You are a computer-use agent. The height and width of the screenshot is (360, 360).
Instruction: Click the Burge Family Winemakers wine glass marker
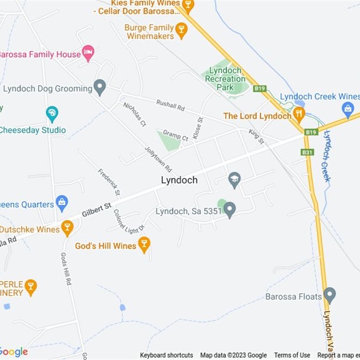click(x=181, y=30)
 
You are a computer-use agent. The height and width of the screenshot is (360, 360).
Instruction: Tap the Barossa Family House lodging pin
click(x=88, y=52)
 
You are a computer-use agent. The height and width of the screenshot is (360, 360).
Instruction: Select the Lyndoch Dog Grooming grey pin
click(x=99, y=86)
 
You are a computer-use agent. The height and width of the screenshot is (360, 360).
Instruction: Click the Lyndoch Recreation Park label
click(x=225, y=78)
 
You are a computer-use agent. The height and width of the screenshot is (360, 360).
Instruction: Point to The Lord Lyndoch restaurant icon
click(x=298, y=113)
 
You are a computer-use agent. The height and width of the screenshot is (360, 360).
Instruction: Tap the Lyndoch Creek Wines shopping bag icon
click(x=347, y=108)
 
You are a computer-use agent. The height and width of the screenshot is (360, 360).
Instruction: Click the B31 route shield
click(x=307, y=153)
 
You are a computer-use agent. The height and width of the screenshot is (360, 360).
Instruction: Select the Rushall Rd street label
click(x=171, y=105)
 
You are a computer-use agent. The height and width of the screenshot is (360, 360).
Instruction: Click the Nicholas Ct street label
click(x=135, y=114)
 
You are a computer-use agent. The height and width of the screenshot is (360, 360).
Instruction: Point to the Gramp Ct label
click(x=175, y=135)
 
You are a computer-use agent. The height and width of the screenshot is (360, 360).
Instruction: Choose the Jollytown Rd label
click(x=158, y=159)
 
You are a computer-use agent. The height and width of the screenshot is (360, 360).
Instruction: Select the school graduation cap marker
click(x=234, y=180)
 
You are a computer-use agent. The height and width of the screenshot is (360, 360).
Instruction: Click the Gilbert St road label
click(x=97, y=209)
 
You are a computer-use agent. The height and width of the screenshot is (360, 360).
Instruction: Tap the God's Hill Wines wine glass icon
click(x=144, y=244)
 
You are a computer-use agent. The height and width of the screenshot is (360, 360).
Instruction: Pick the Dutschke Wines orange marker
click(x=67, y=228)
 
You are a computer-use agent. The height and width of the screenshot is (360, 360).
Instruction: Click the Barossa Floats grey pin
click(x=330, y=295)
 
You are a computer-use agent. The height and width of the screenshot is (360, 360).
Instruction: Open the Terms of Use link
click(x=292, y=355)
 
